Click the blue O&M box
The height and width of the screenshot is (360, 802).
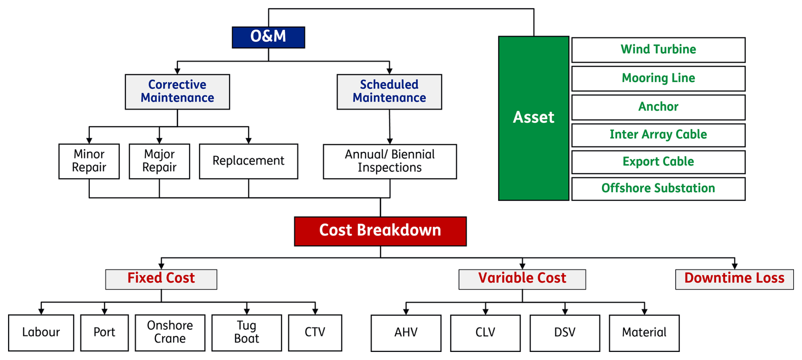pyautogui.click(x=268, y=37)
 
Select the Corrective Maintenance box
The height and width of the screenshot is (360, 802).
pyautogui.click(x=177, y=92)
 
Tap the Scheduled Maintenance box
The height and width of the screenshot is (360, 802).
pyautogui.click(x=389, y=92)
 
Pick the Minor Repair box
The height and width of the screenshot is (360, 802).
pyautogui.click(x=89, y=161)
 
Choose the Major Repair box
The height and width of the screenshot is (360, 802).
pyautogui.click(x=159, y=161)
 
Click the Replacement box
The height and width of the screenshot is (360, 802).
pyautogui.click(x=248, y=161)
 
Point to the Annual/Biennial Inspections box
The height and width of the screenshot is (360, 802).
pyautogui.click(x=390, y=162)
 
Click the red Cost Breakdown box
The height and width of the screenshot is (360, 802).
pyautogui.click(x=380, y=231)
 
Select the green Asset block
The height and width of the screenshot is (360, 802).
pyautogui.click(x=534, y=118)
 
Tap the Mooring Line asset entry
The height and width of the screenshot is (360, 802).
pyautogui.click(x=658, y=78)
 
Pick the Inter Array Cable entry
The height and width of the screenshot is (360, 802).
pyautogui.click(x=658, y=135)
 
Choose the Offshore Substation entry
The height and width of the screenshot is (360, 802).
pyautogui.click(x=658, y=189)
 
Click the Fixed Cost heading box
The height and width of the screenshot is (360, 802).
pyautogui.click(x=161, y=279)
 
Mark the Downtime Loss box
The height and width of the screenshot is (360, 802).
pyautogui.click(x=734, y=279)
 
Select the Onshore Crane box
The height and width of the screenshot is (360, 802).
pyautogui.click(x=170, y=333)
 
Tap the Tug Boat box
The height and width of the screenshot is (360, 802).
pyautogui.click(x=247, y=333)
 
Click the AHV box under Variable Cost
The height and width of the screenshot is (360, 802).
pyautogui.click(x=406, y=333)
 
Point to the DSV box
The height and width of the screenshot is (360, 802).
pyautogui.click(x=565, y=333)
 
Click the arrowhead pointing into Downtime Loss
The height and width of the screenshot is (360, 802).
pyautogui.click(x=735, y=266)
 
